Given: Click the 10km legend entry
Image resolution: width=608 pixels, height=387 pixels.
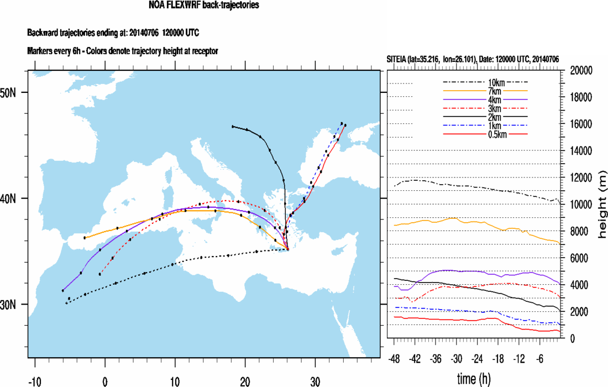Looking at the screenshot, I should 486,82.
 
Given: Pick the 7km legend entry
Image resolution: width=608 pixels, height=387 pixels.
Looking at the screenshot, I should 486,91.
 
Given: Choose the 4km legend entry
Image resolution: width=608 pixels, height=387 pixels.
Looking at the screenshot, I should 486,100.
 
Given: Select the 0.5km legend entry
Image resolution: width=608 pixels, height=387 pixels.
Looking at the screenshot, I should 486,134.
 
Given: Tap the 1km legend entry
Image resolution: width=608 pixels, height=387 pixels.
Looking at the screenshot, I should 486,125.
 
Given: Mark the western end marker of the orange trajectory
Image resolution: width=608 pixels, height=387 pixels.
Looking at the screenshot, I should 85,238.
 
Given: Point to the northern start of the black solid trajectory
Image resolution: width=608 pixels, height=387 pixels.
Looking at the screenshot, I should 233,127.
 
